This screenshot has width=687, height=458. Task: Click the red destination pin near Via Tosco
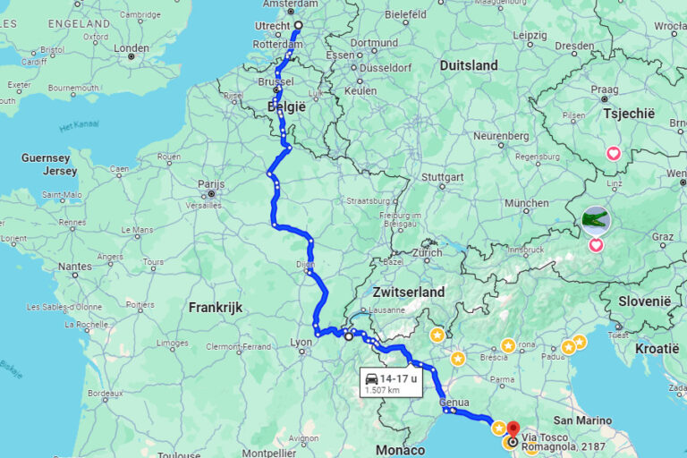point(513,430)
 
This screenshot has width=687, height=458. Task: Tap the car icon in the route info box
point(371,379)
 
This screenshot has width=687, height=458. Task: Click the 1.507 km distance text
point(382,390)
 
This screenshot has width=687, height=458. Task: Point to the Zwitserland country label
point(408,293)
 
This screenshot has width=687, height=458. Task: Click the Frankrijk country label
point(216,307)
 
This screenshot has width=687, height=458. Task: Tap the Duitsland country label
point(469,65)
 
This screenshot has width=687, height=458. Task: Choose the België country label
point(286,106)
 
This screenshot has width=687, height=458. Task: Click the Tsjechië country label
point(629,114)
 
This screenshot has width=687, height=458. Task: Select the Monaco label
point(400,450)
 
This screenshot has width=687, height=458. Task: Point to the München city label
point(527,203)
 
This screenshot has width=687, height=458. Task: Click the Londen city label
point(131,48)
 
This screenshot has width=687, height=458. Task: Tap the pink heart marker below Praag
point(614,153)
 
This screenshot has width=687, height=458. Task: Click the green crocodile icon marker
point(595,218)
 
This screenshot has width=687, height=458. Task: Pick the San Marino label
point(582,420)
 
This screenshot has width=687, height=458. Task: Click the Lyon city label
point(301,342)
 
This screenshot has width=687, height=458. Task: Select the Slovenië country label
point(643,301)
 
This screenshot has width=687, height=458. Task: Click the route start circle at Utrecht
point(299,25)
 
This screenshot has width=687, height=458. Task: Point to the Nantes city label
point(74,266)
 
